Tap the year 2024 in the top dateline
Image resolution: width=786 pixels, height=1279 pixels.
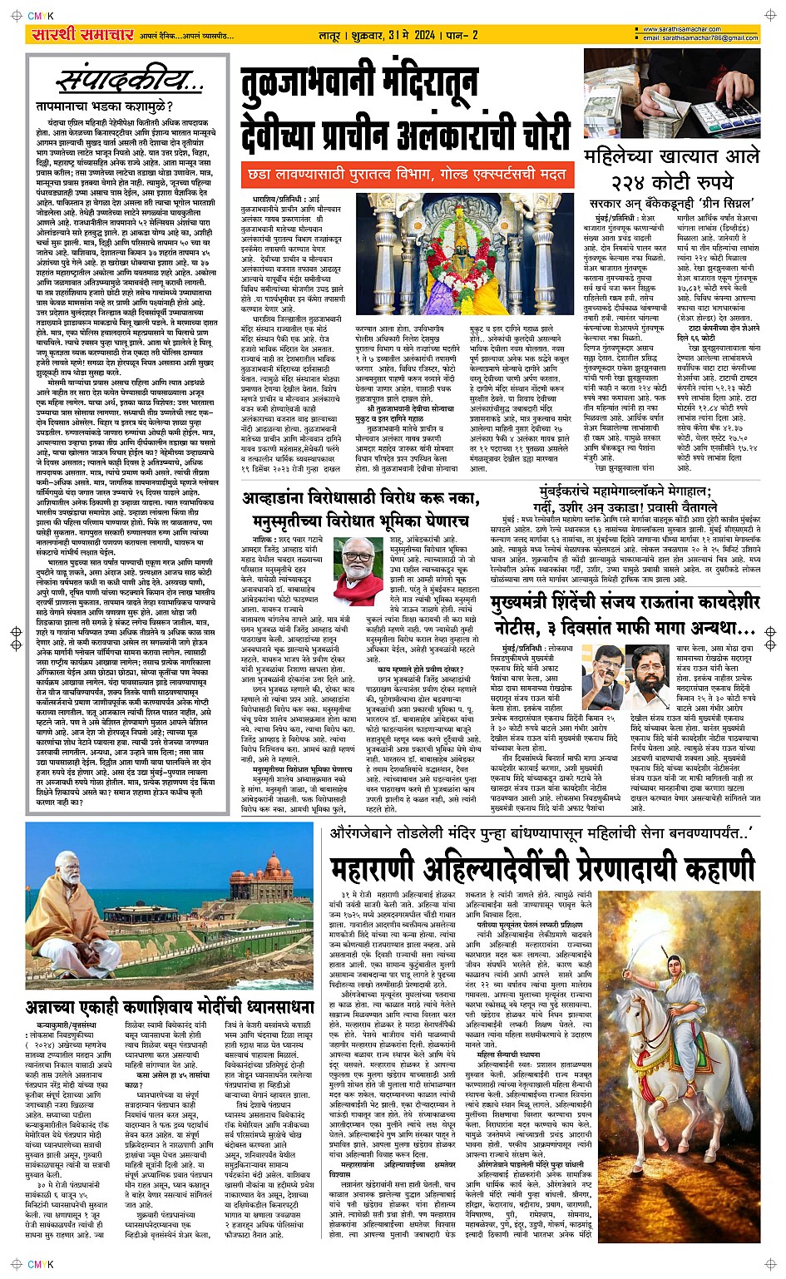(423, 35)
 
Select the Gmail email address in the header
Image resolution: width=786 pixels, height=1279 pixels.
(700, 38)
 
